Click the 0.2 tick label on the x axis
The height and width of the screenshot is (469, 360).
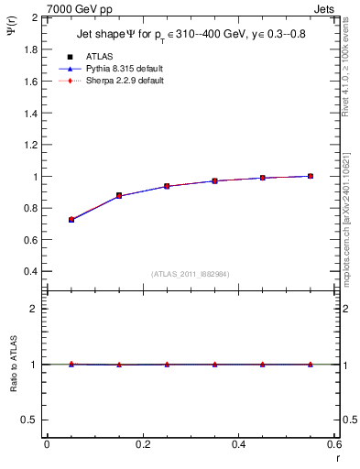(142, 445)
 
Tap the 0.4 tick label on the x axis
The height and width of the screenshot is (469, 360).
(238, 445)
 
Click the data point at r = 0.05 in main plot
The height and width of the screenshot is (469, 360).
(71, 220)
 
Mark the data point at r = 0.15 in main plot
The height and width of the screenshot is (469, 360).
(119, 195)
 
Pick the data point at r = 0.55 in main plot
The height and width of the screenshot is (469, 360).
(311, 176)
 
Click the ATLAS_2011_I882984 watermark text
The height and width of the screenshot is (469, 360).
(191, 274)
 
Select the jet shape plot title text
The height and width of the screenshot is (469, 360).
(191, 36)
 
